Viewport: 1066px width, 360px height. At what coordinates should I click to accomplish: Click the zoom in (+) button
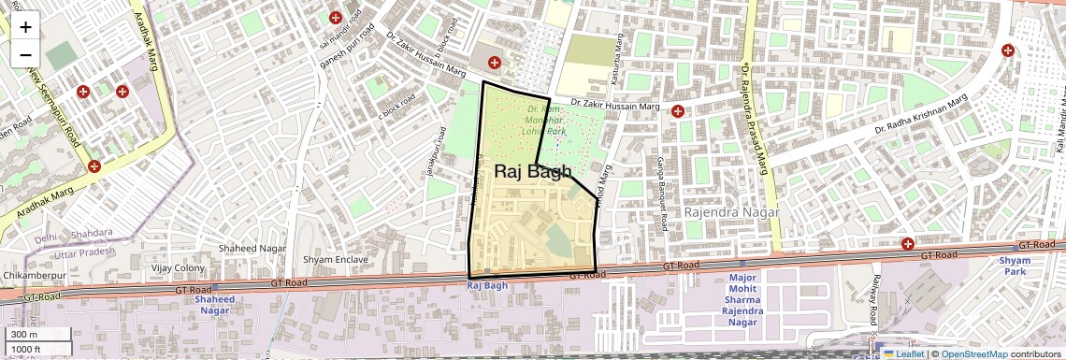(x=25, y=26)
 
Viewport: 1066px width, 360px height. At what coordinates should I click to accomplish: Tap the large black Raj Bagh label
(x=532, y=171)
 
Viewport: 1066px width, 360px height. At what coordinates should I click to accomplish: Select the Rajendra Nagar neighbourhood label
(x=731, y=212)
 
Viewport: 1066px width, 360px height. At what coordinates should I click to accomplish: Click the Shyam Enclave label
(x=336, y=259)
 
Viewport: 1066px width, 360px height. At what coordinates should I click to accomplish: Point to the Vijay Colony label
(x=178, y=268)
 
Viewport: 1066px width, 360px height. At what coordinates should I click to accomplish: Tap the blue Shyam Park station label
(x=1015, y=266)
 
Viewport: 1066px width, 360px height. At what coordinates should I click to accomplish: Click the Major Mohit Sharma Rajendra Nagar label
(x=743, y=300)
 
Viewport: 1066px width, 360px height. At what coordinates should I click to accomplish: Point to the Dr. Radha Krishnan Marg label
(x=920, y=115)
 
